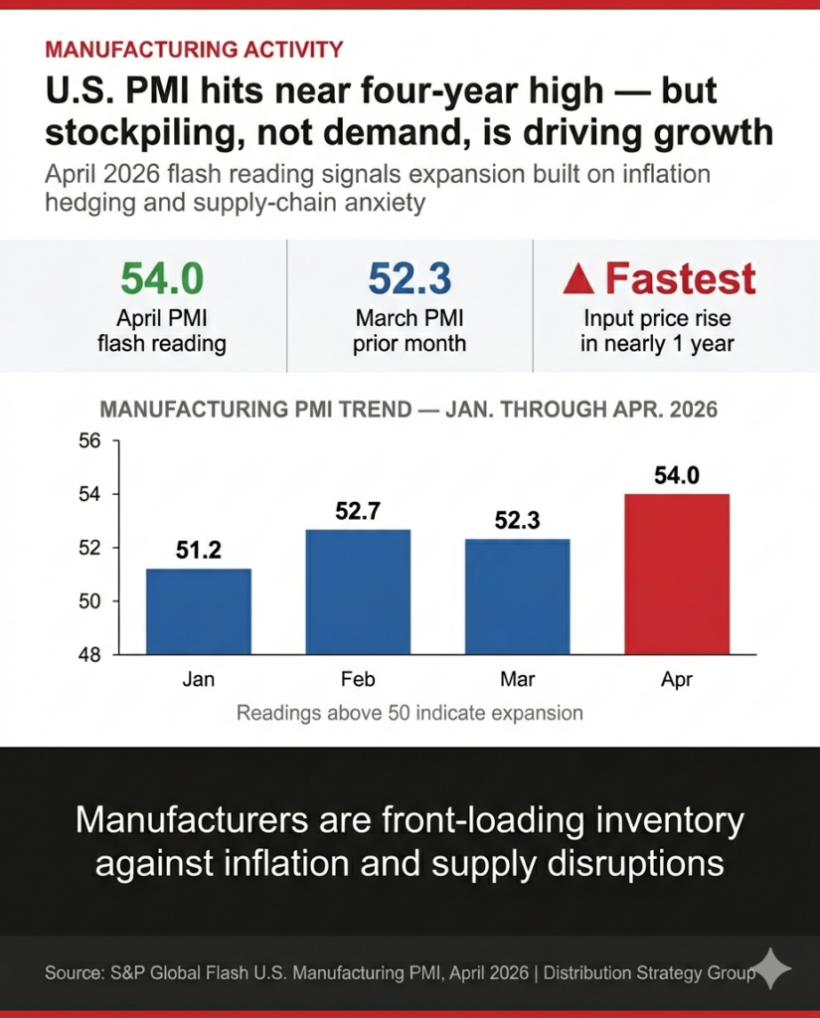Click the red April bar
click(x=677, y=574)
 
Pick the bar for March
click(x=517, y=596)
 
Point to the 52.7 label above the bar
click(x=358, y=512)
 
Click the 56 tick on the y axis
click(x=89, y=440)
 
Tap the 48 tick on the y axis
click(x=89, y=655)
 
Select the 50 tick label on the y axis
click(x=89, y=601)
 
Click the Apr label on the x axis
click(x=677, y=681)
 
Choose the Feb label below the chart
click(x=358, y=681)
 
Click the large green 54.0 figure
click(x=162, y=279)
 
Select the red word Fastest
click(x=681, y=279)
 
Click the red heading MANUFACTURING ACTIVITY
click(x=195, y=49)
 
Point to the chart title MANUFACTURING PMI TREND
click(x=409, y=410)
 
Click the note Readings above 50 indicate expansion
click(x=410, y=713)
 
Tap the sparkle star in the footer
click(x=771, y=969)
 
